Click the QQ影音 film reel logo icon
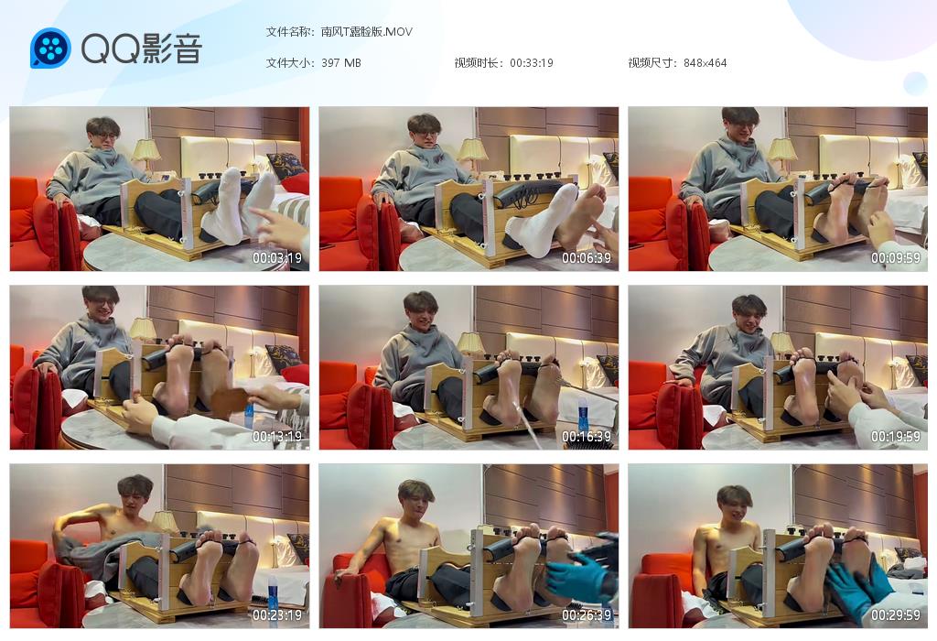pyautogui.click(x=50, y=48)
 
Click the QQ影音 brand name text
pyautogui.click(x=142, y=49)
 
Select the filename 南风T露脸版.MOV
pyautogui.click(x=366, y=32)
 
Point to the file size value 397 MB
pyautogui.click(x=340, y=63)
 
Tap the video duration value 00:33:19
pyautogui.click(x=532, y=63)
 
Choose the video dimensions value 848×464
pyautogui.click(x=705, y=63)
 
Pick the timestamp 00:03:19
pyautogui.click(x=276, y=258)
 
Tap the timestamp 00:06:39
pyautogui.click(x=587, y=258)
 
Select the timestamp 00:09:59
pyautogui.click(x=895, y=258)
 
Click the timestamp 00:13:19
pyautogui.click(x=276, y=437)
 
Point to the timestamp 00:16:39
pyautogui.click(x=587, y=437)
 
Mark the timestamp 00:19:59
pyautogui.click(x=895, y=437)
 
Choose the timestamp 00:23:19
pyautogui.click(x=276, y=614)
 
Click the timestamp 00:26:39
pyautogui.click(x=587, y=614)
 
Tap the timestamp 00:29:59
pyautogui.click(x=895, y=614)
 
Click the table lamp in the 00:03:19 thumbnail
pyautogui.click(x=146, y=156)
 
